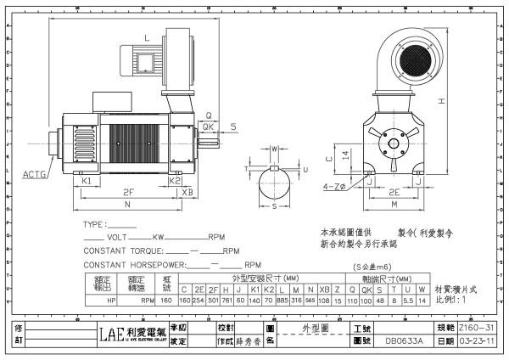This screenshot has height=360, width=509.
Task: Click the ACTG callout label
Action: pyautogui.click(x=35, y=174)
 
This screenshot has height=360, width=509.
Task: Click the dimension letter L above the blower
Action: pyautogui.click(x=147, y=38)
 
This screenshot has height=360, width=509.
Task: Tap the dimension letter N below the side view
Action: pyautogui.click(x=126, y=205)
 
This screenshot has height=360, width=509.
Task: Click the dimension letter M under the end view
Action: pyautogui.click(x=394, y=205)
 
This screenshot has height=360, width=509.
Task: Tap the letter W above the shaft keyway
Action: pyautogui.click(x=273, y=148)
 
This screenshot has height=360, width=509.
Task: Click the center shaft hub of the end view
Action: pyautogui.click(x=395, y=140)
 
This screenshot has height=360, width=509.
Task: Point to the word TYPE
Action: pyautogui.click(x=92, y=226)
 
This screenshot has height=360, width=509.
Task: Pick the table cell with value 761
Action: pyautogui.click(x=227, y=300)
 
